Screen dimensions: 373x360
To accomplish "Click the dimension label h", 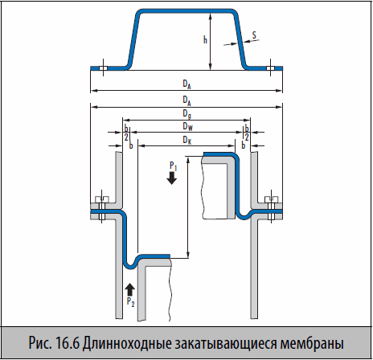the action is tap(205, 40).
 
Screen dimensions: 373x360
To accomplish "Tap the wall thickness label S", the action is tap(254, 35).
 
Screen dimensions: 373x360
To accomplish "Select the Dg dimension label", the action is tap(186, 114).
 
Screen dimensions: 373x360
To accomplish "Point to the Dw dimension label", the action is tap(187, 126).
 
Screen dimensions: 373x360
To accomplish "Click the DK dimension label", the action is tap(187, 140).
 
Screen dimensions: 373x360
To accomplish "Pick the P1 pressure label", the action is tap(174, 166).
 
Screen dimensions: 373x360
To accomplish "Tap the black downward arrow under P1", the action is tap(172, 178).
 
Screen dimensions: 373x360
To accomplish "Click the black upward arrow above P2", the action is tap(130, 289).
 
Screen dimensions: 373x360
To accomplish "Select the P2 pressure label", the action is tap(130, 302).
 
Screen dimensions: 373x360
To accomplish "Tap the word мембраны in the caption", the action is tap(312, 343).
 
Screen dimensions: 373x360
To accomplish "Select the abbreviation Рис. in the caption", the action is tap(40, 343).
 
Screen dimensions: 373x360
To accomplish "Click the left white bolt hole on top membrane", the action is tap(103, 68).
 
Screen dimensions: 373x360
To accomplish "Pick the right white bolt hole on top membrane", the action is tap(270, 68).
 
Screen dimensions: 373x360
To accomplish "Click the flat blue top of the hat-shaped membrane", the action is tap(187, 11).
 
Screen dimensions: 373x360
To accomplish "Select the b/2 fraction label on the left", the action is tap(126, 133).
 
